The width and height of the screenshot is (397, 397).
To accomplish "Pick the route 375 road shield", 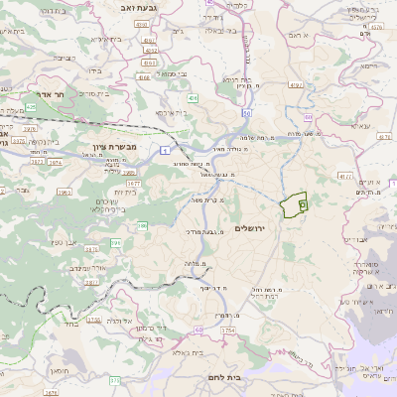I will pyautogui.click(x=114, y=379).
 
